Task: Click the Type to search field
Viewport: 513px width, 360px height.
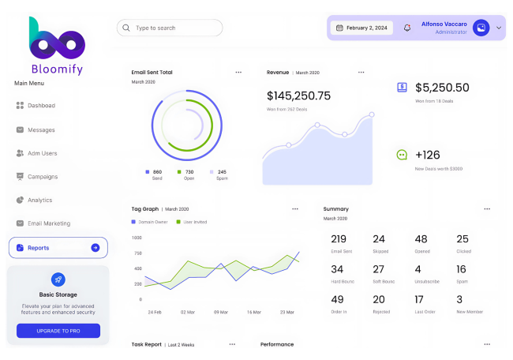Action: pos(170,28)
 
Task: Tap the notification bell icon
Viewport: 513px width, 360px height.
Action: pos(407,28)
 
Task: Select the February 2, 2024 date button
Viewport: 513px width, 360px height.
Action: pos(361,28)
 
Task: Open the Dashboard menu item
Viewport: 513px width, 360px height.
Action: pos(41,105)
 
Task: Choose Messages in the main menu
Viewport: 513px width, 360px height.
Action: pos(41,129)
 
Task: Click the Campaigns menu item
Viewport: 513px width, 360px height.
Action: pos(43,176)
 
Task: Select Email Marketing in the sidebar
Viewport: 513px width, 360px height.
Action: pos(48,223)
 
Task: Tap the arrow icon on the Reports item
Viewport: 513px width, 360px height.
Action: pos(95,248)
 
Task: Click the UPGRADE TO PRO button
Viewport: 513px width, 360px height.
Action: pos(58,331)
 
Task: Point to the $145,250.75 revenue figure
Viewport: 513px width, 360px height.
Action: pos(298,96)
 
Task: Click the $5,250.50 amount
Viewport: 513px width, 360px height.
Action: pos(442,88)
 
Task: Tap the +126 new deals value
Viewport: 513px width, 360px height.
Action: pos(427,155)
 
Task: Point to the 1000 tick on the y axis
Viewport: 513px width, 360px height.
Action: pos(137,238)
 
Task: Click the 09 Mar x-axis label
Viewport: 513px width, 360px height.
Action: pos(221,312)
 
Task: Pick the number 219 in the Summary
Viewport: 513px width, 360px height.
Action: pos(339,239)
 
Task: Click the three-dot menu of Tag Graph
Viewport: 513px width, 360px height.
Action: pos(295,209)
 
